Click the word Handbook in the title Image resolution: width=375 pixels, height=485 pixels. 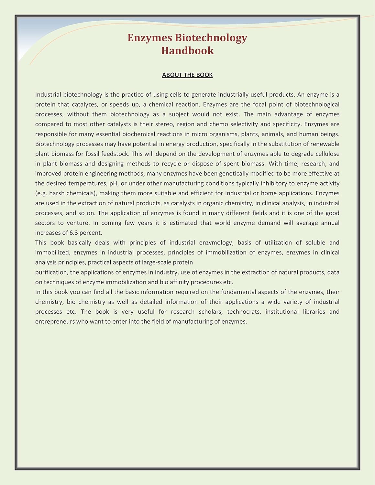coord(187,50)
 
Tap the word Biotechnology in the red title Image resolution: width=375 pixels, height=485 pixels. coord(211,38)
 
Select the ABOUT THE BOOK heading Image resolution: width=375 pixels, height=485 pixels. coord(187,75)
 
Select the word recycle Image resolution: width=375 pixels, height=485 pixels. coord(171,164)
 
